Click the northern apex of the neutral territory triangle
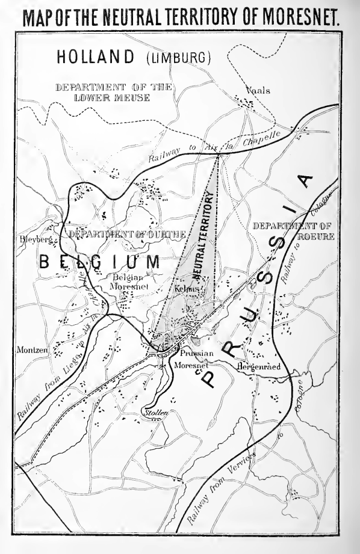[218, 156]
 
